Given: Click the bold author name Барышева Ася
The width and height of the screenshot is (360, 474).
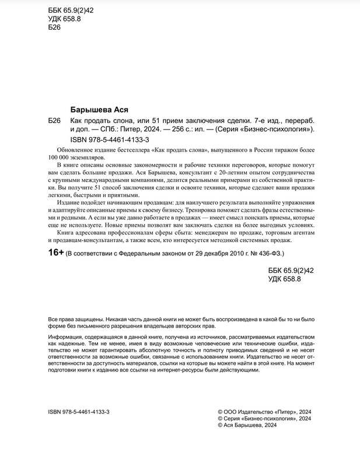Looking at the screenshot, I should point(99,109).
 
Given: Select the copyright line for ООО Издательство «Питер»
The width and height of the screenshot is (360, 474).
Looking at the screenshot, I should point(264,411).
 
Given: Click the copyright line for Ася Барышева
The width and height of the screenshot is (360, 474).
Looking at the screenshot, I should point(247,425).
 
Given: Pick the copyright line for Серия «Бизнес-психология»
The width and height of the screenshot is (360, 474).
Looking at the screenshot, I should point(264,418).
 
